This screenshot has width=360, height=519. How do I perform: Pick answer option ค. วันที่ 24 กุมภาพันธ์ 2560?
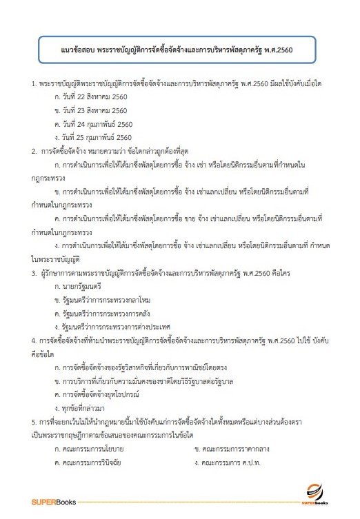pyautogui.click(x=93, y=123)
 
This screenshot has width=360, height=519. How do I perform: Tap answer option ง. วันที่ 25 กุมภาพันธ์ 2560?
pyautogui.click(x=93, y=136)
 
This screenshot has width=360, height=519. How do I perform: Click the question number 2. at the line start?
pyautogui.click(x=34, y=150)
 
